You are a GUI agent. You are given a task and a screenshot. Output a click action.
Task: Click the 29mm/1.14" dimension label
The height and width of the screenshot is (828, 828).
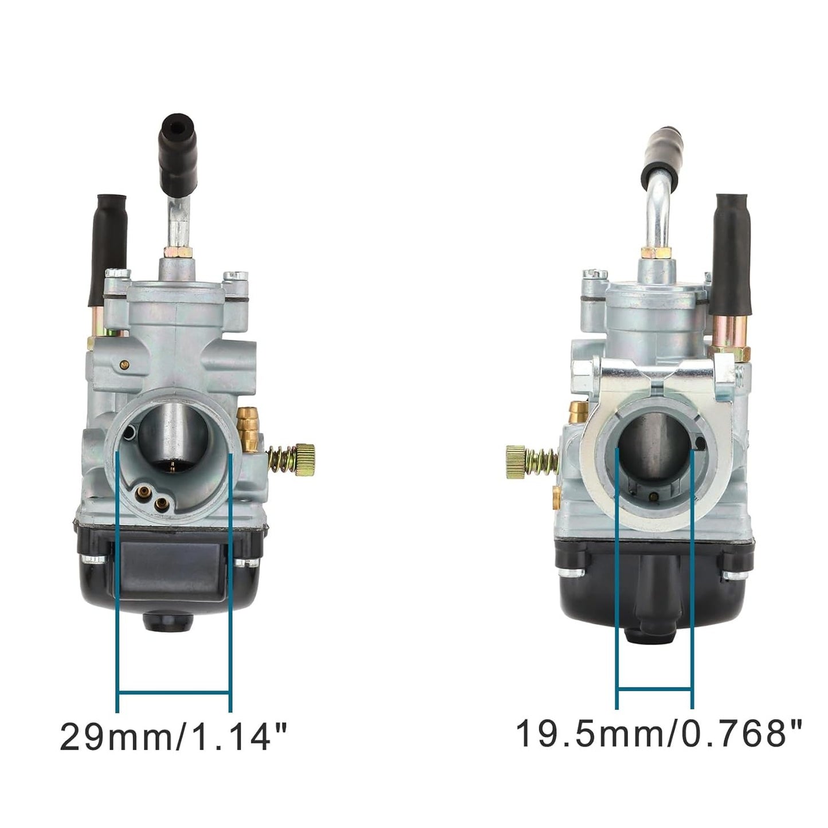click(173, 736)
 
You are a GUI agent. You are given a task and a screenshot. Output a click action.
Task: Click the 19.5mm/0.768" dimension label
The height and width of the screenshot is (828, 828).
click(659, 733)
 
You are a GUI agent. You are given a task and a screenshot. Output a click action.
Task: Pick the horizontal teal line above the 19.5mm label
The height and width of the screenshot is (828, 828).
click(654, 688)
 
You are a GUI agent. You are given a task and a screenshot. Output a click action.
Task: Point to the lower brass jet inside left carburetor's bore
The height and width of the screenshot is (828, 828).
click(162, 503)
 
